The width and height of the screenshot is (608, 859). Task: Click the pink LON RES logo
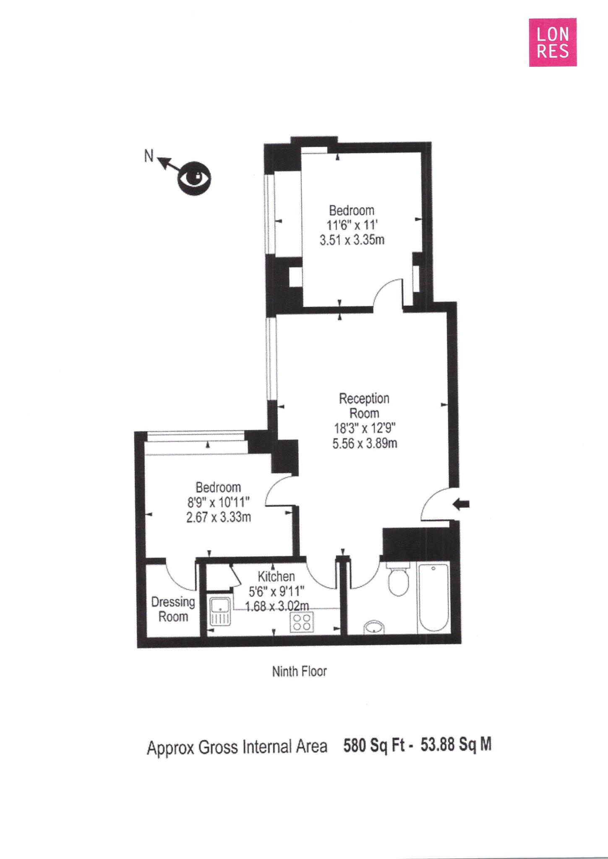[x=552, y=42]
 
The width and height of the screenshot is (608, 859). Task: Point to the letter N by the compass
[x=149, y=156]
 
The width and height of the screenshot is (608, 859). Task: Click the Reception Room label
[x=364, y=406]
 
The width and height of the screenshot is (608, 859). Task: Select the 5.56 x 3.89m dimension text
[x=365, y=443]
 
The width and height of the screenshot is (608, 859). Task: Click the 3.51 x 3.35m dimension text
[x=352, y=240]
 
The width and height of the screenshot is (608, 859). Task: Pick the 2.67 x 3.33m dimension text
[x=218, y=517]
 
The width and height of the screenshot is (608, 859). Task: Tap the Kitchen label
[x=276, y=576]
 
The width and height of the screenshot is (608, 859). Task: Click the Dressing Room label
[x=173, y=609]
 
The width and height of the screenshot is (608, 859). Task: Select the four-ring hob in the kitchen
[x=302, y=622]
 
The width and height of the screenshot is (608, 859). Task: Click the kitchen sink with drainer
[x=220, y=612]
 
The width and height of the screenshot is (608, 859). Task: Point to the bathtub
[x=433, y=598]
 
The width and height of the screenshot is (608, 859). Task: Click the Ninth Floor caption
[x=299, y=672]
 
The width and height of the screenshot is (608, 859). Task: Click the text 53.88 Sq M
[x=456, y=745]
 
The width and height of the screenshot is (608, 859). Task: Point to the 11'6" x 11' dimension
[x=352, y=225]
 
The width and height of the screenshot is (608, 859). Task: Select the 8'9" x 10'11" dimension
[x=218, y=502]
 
